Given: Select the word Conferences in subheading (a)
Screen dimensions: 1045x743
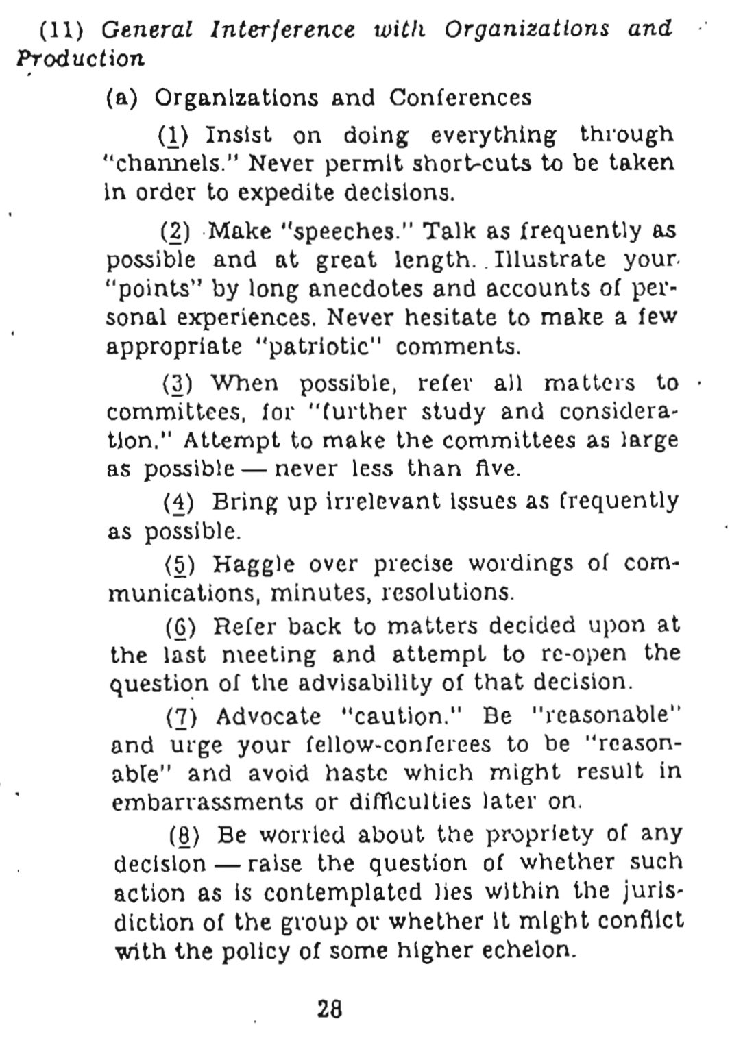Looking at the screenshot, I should pos(460,98).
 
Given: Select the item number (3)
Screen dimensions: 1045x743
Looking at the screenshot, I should pos(181,382).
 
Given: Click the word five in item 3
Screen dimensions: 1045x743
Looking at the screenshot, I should pos(496,469).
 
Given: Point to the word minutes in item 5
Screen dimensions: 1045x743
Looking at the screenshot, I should pos(319,592).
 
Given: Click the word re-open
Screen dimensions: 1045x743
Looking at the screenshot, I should pos(583,654).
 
